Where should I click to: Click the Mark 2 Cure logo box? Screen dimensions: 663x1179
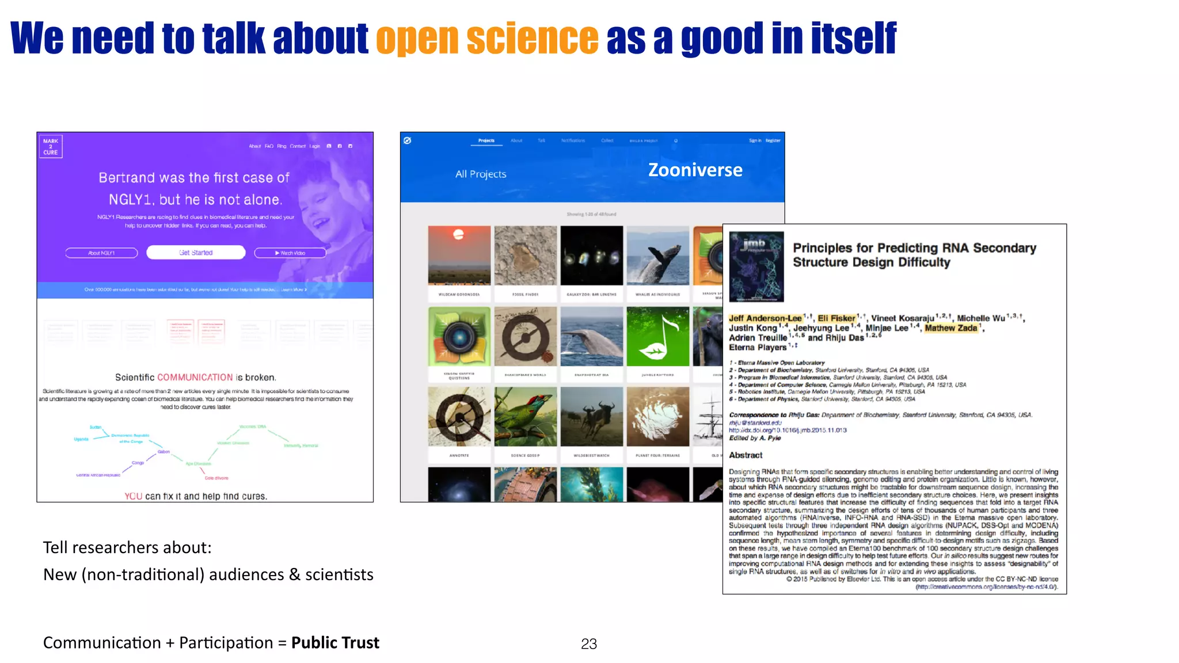[51, 147]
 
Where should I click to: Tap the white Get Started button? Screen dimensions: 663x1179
[196, 253]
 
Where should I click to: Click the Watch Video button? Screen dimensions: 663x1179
[290, 253]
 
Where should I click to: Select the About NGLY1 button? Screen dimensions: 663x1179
[102, 253]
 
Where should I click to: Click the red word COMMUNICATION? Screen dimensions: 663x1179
[195, 378]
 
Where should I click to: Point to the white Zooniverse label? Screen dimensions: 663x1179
[695, 170]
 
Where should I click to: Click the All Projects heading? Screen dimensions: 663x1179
[481, 174]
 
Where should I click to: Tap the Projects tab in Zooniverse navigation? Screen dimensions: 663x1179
[486, 141]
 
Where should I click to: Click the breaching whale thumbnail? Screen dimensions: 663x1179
[657, 256]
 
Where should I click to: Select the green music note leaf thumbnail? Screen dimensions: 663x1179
[657, 337]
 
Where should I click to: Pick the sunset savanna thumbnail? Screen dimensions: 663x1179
[459, 256]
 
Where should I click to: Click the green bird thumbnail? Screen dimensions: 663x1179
[525, 417]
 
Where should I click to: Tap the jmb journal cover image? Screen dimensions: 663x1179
[756, 266]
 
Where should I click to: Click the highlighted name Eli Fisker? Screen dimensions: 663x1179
[836, 318]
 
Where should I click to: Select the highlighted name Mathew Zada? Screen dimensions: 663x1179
[951, 328]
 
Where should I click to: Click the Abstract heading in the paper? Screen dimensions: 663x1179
[746, 455]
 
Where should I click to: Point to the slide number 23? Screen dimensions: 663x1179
[589, 644]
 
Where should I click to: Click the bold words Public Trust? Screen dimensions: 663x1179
[335, 643]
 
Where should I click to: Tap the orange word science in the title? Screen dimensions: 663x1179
[533, 39]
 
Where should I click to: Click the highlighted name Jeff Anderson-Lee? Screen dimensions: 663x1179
[765, 318]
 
